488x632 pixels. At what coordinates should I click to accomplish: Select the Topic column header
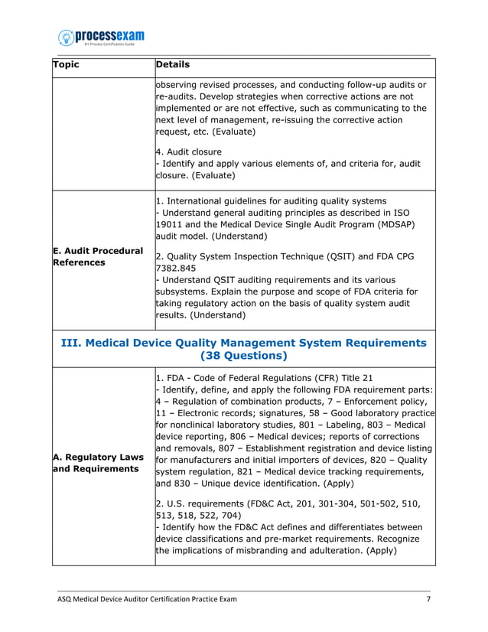pos(66,65)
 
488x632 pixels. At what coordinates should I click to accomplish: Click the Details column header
pos(172,65)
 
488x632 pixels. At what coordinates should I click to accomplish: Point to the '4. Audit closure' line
pos(188,151)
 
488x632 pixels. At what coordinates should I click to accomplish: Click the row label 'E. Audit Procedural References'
pos(97,256)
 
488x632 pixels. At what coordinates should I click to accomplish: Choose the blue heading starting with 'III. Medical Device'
pos(243,342)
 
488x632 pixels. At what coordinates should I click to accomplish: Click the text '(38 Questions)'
pos(243,356)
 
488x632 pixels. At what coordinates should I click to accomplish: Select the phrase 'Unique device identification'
pos(255,483)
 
